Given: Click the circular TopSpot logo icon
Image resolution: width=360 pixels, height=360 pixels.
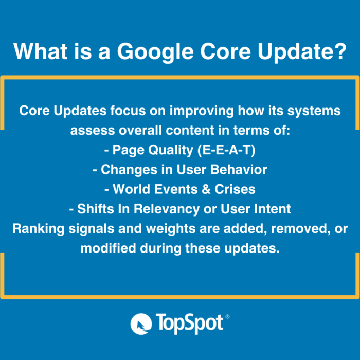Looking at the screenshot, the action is click(x=141, y=323).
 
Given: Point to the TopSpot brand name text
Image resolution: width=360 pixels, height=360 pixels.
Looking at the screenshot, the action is click(x=189, y=323).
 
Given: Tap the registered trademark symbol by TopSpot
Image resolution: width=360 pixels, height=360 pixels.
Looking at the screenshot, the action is click(x=227, y=316).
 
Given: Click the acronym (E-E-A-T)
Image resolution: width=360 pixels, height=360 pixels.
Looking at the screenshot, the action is click(x=226, y=150).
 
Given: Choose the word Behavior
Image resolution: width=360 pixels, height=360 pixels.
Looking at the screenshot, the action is click(x=239, y=169).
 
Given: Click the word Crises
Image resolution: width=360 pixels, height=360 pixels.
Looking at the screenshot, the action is click(x=235, y=189).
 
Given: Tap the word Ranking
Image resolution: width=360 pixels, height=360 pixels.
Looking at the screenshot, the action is click(x=39, y=229).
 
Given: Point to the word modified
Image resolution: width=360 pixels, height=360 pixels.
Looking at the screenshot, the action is click(x=108, y=248).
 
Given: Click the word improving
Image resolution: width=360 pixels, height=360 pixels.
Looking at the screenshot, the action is click(x=202, y=111).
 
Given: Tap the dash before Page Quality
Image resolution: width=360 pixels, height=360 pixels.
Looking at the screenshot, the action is click(x=106, y=151).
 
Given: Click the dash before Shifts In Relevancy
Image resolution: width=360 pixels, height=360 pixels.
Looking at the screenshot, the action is click(x=71, y=210).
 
